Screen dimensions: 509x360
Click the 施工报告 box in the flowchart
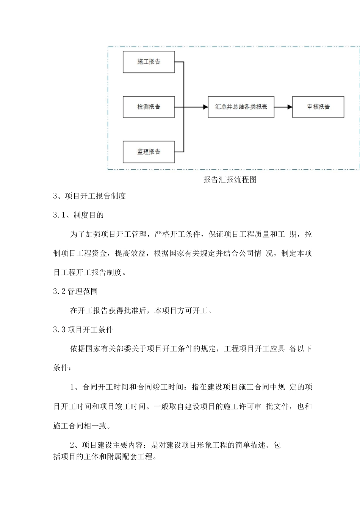(149, 62)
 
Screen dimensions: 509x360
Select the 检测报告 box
(149, 107)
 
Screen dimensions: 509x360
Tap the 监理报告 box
(149, 152)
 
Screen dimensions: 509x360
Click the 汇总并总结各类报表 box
(241, 107)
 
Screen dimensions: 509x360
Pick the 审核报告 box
(318, 107)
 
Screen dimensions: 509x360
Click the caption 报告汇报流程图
(230, 180)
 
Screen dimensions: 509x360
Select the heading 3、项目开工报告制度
(89, 196)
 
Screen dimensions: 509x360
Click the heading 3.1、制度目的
(78, 215)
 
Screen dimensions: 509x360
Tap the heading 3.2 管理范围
(75, 291)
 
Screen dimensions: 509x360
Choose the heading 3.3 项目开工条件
(83, 329)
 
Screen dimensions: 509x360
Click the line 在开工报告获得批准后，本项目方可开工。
(141, 311)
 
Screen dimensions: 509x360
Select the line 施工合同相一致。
(82, 426)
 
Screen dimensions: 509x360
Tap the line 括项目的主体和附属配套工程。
(105, 457)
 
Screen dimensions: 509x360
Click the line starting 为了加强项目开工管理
(191, 234)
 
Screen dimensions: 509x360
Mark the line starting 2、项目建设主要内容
(175, 445)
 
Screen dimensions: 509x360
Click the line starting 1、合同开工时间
(191, 387)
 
